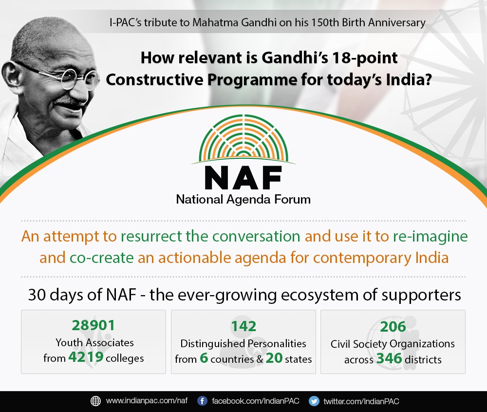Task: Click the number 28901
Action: click(93, 325)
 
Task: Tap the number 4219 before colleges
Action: click(86, 357)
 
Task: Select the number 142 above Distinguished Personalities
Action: click(244, 326)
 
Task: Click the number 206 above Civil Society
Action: click(393, 327)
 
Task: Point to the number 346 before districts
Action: click(389, 358)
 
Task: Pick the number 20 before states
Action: click(274, 358)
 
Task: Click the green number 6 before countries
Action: click(204, 358)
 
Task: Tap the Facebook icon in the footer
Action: click(202, 401)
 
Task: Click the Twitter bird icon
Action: click(314, 401)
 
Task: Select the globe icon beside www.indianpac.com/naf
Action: click(95, 401)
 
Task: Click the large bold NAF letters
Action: click(243, 178)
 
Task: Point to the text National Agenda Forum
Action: click(243, 199)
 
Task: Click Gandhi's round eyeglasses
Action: click(62, 76)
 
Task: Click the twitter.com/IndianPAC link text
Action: click(361, 401)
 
